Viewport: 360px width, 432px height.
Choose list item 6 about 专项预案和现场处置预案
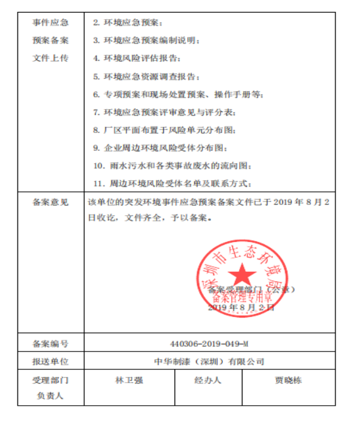[178, 94]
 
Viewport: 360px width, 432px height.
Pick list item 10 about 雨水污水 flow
[173, 165]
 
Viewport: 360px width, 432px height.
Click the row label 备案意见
[51, 202]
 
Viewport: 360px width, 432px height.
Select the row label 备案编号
[51, 344]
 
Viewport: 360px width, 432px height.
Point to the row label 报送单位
[51, 362]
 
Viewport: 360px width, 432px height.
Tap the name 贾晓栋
[288, 380]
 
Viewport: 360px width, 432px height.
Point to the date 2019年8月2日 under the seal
[241, 307]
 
